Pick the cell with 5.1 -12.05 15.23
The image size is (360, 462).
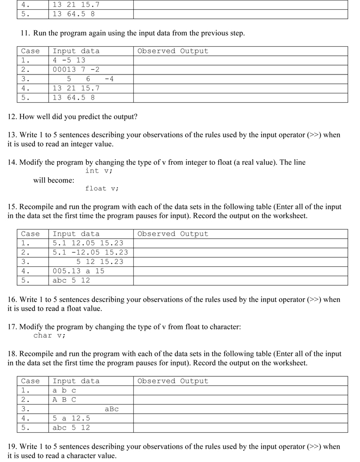coord(90,252)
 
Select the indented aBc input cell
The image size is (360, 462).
coord(111,409)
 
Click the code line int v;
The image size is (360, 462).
coord(98,171)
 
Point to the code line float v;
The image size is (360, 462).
coord(102,188)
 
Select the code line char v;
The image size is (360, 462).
coord(49,335)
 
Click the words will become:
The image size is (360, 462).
coord(53,180)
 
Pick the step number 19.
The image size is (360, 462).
coord(12,447)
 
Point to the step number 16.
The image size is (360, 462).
coord(12,299)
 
